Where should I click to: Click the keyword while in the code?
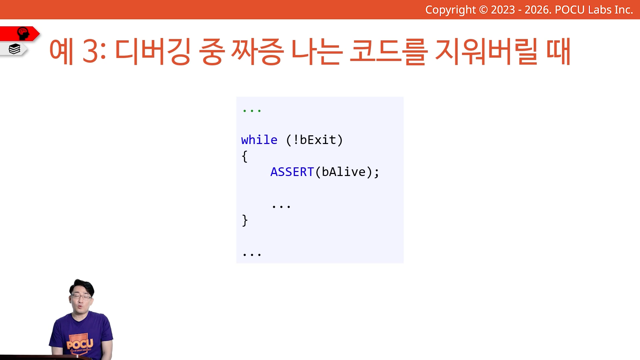coord(259,140)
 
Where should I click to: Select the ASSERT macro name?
coord(292,172)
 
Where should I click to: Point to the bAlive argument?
coord(344,172)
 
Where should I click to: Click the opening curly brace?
coord(245,156)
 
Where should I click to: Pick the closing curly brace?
coord(245,220)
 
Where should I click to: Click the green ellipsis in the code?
coord(252,111)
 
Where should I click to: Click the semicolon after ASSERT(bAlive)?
coord(377,173)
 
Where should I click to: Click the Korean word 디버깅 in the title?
coord(153,51)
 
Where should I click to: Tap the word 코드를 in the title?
coord(389,51)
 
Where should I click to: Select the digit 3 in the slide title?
coord(90,51)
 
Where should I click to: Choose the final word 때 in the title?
coord(558,51)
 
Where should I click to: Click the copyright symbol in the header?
coord(483,10)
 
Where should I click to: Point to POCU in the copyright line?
coord(570,10)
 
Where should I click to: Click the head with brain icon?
coord(23,33)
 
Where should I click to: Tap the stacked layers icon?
coord(14,49)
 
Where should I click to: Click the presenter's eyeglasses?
coord(81,297)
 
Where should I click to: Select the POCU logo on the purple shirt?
coord(80,344)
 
